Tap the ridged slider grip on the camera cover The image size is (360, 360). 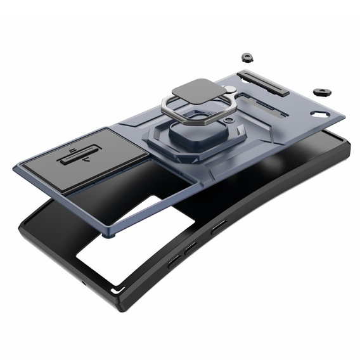click(x=79, y=156)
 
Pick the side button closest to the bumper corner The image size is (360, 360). click(x=173, y=261)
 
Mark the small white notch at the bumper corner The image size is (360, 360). click(x=114, y=290)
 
